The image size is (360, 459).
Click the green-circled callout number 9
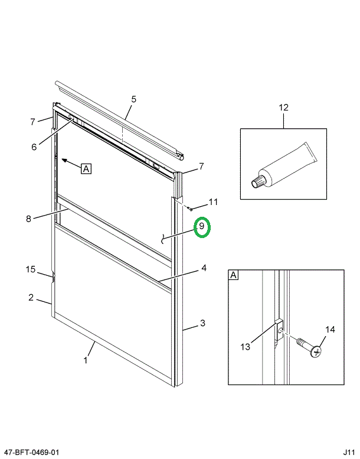(x=201, y=227)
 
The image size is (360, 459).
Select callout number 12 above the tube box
(x=283, y=108)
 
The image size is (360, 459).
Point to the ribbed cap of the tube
(x=257, y=182)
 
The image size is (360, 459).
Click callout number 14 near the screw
(x=330, y=330)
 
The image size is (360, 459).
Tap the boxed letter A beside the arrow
(x=86, y=169)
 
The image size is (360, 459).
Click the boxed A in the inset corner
(x=234, y=275)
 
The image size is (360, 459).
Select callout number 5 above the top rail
(x=133, y=99)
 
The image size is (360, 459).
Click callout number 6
(x=34, y=147)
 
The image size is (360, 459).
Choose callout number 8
(x=28, y=219)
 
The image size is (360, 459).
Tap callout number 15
(x=31, y=270)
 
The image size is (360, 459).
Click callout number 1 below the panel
(x=86, y=360)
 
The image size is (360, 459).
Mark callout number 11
(x=213, y=202)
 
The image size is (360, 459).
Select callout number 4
(x=203, y=268)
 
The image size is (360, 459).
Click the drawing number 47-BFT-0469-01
(x=31, y=452)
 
